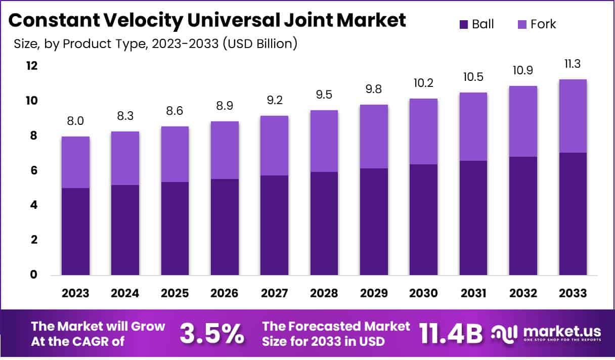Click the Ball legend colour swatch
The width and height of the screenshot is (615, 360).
point(463,24)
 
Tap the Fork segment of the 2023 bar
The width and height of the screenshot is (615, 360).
point(76,162)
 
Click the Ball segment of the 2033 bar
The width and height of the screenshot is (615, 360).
point(573,214)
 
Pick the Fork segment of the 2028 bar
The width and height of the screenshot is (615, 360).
point(324,141)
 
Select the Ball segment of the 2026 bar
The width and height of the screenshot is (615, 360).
point(225,227)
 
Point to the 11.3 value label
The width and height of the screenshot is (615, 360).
point(573,65)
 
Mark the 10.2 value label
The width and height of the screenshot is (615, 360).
point(423,83)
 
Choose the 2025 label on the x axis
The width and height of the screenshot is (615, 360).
point(175,293)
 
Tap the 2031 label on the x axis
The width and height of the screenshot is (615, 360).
point(473,293)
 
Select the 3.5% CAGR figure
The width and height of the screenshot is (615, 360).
point(212,334)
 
